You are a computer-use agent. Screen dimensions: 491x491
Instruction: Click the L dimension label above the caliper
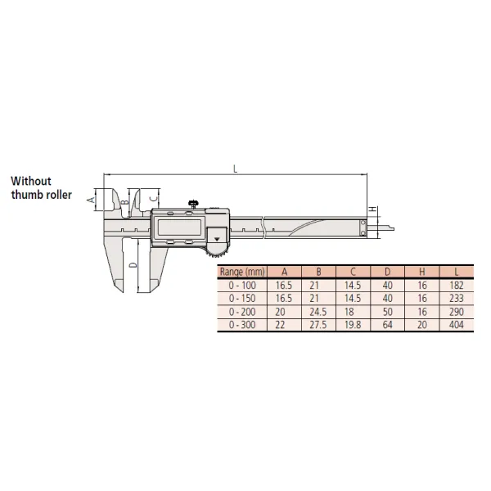point(235,169)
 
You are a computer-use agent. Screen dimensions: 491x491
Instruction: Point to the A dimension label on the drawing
point(91,199)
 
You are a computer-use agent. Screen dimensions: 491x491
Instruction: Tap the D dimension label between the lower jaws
point(133,265)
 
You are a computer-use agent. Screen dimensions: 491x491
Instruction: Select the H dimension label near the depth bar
point(373,209)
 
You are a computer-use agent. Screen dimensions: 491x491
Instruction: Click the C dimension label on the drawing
point(153,199)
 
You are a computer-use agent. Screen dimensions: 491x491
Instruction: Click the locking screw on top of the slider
point(193,204)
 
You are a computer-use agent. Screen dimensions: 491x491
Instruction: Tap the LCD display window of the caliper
point(179,227)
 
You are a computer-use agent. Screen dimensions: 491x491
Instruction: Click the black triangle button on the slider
point(216,239)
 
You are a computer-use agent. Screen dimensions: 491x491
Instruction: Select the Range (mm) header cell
point(242,272)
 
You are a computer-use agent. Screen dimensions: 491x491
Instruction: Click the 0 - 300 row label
point(242,325)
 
